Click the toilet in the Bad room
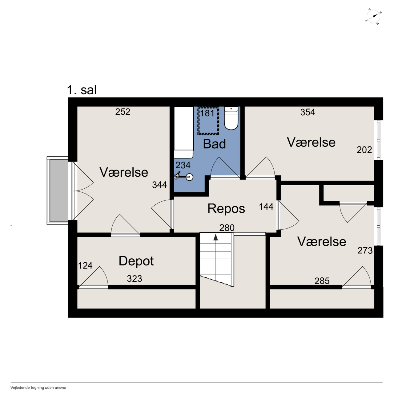231,118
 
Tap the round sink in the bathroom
190,177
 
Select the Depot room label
136,261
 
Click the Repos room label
226,209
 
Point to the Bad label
214,144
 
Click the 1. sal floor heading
82,90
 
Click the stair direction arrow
215,237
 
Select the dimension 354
308,112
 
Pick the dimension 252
123,112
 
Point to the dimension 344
159,185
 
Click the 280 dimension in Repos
227,228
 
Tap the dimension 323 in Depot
134,278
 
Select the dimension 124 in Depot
85,266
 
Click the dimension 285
322,281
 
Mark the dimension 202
364,150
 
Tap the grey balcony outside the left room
59,191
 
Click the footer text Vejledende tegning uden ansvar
38,388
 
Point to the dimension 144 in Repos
266,207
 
